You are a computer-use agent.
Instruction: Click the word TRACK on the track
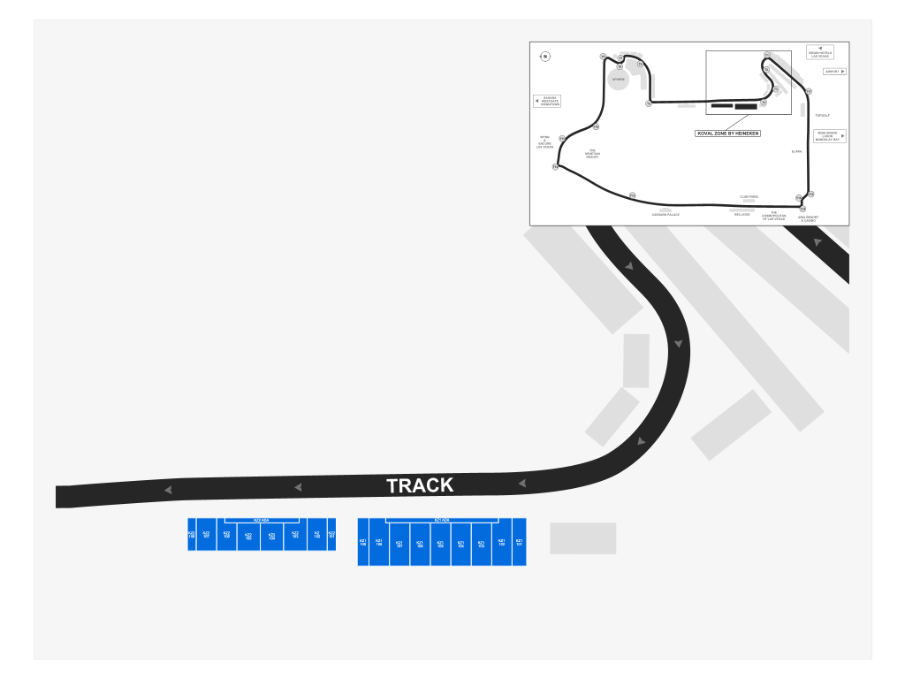pyautogui.click(x=420, y=485)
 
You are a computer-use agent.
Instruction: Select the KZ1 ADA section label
pyautogui.click(x=442, y=521)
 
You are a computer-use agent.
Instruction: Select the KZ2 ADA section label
pyautogui.click(x=262, y=521)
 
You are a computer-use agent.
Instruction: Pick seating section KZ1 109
pyautogui.click(x=362, y=542)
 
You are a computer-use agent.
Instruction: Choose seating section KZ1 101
pyautogui.click(x=519, y=542)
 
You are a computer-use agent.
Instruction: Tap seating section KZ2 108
pyautogui.click(x=192, y=534)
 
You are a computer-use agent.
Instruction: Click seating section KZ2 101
pyautogui.click(x=331, y=534)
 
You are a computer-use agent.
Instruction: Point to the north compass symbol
pyautogui.click(x=545, y=57)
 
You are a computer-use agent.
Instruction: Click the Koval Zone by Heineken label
pyautogui.click(x=728, y=134)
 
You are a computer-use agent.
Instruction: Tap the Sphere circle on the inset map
pyautogui.click(x=619, y=80)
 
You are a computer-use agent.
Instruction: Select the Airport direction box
pyautogui.click(x=834, y=72)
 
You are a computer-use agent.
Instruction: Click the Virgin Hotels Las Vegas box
pyautogui.click(x=820, y=53)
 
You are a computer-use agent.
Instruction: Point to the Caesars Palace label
pyautogui.click(x=665, y=215)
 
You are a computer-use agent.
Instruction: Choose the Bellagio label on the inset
pyautogui.click(x=741, y=215)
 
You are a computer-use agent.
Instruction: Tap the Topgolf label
pyautogui.click(x=823, y=116)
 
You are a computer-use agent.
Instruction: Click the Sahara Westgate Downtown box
pyautogui.click(x=547, y=102)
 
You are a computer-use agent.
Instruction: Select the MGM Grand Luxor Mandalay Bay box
pyautogui.click(x=830, y=136)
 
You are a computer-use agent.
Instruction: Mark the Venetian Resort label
pyautogui.click(x=592, y=154)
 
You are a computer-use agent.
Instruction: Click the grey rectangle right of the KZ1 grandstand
pyautogui.click(x=583, y=538)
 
